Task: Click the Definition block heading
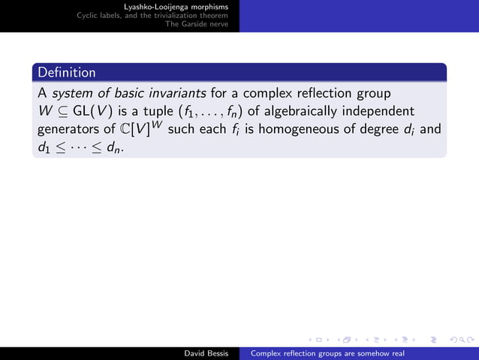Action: (x=67, y=73)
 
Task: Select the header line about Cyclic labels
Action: (x=158, y=15)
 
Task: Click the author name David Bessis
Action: (x=208, y=352)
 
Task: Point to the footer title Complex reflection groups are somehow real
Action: (x=327, y=352)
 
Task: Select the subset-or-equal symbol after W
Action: (x=62, y=112)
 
